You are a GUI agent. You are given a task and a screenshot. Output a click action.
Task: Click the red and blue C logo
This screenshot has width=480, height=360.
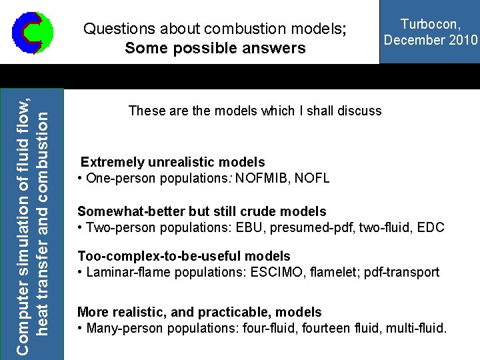[32, 31]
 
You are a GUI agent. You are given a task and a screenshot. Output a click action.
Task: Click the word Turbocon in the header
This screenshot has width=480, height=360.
[429, 25]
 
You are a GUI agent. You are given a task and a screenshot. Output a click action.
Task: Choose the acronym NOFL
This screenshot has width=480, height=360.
[313, 179]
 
